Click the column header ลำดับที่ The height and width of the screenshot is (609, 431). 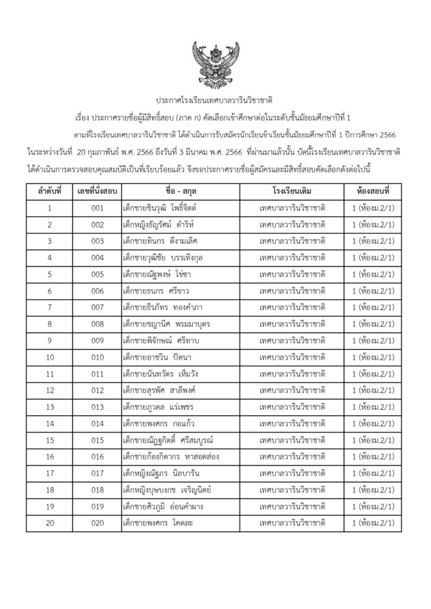pos(50,192)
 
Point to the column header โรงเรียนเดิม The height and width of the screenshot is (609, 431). pos(292,192)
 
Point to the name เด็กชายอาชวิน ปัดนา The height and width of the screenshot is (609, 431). pos(157,357)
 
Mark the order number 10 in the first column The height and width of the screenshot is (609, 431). pos(50,357)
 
